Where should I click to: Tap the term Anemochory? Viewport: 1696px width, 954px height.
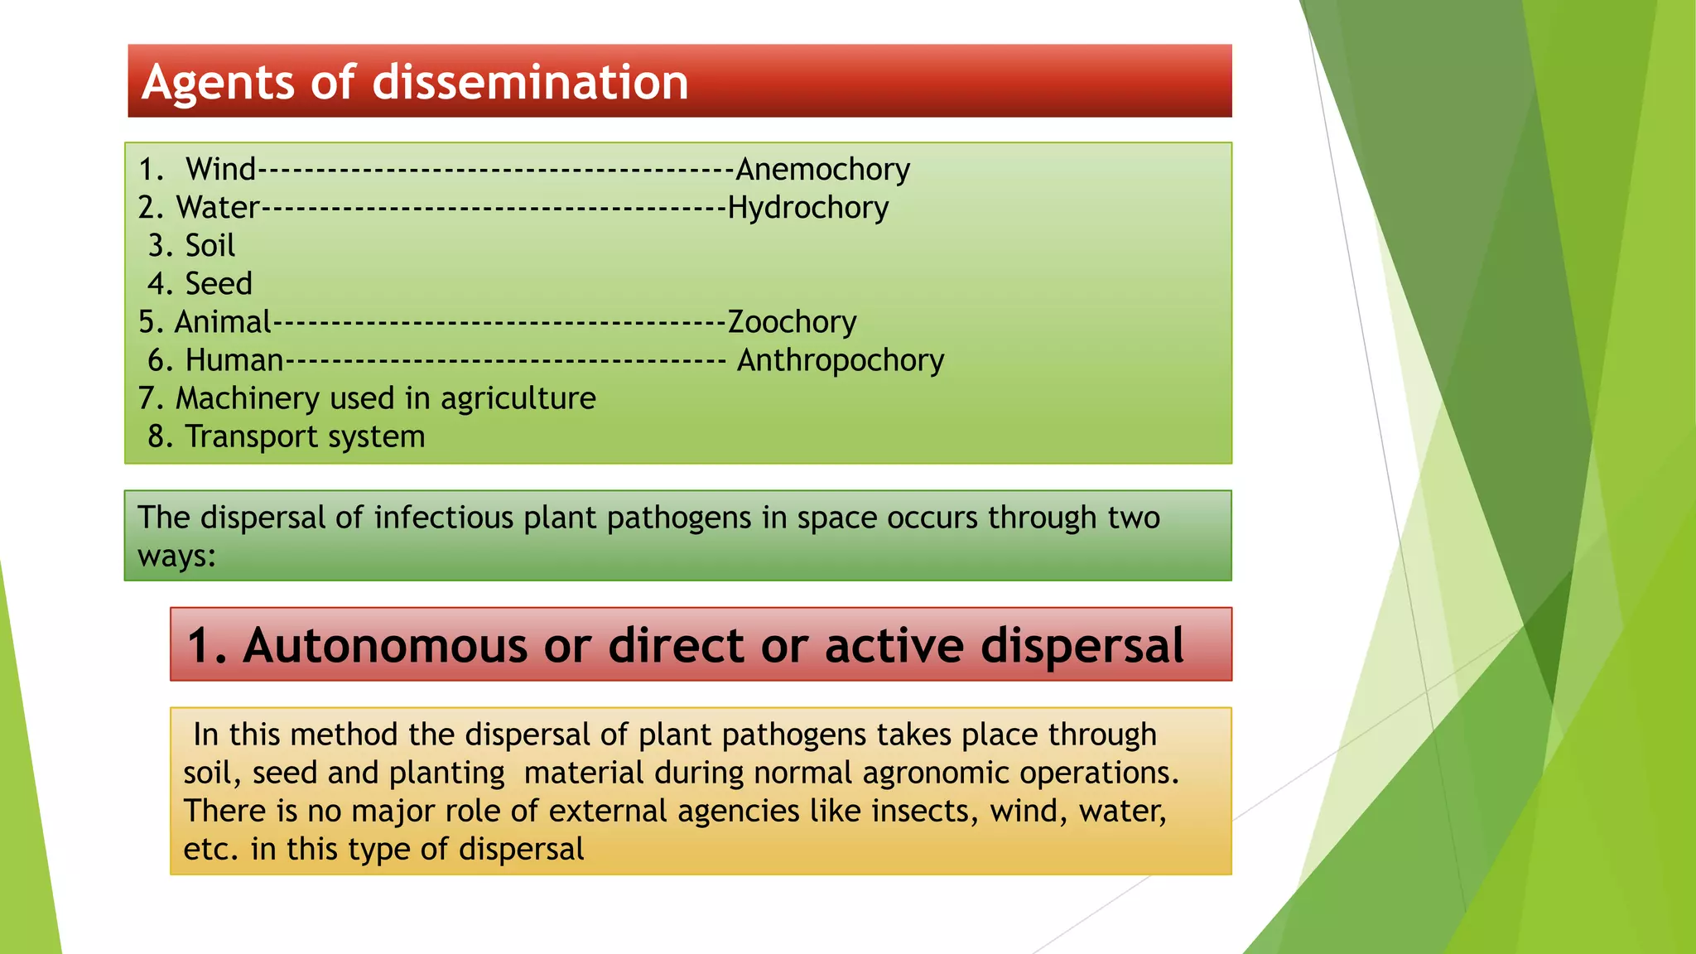(x=822, y=170)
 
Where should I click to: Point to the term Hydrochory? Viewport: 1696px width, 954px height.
(x=807, y=208)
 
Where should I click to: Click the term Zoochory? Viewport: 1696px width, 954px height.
(x=792, y=322)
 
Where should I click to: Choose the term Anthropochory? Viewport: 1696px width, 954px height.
(x=841, y=360)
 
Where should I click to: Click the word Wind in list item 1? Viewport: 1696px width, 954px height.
(x=220, y=170)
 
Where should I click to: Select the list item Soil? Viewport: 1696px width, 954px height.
(x=210, y=246)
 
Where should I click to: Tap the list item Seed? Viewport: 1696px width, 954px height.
(x=218, y=284)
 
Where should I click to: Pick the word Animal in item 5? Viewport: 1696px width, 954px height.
(x=223, y=322)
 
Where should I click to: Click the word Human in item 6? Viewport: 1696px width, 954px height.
(x=234, y=360)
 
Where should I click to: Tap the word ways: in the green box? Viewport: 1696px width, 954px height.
(x=176, y=556)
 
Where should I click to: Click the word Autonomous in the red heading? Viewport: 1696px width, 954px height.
(x=384, y=645)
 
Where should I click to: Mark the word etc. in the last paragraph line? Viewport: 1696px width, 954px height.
(x=211, y=849)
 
